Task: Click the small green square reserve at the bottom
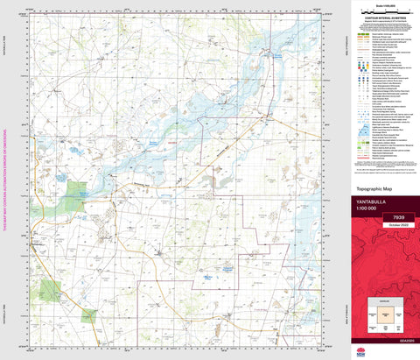coord(87,317)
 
